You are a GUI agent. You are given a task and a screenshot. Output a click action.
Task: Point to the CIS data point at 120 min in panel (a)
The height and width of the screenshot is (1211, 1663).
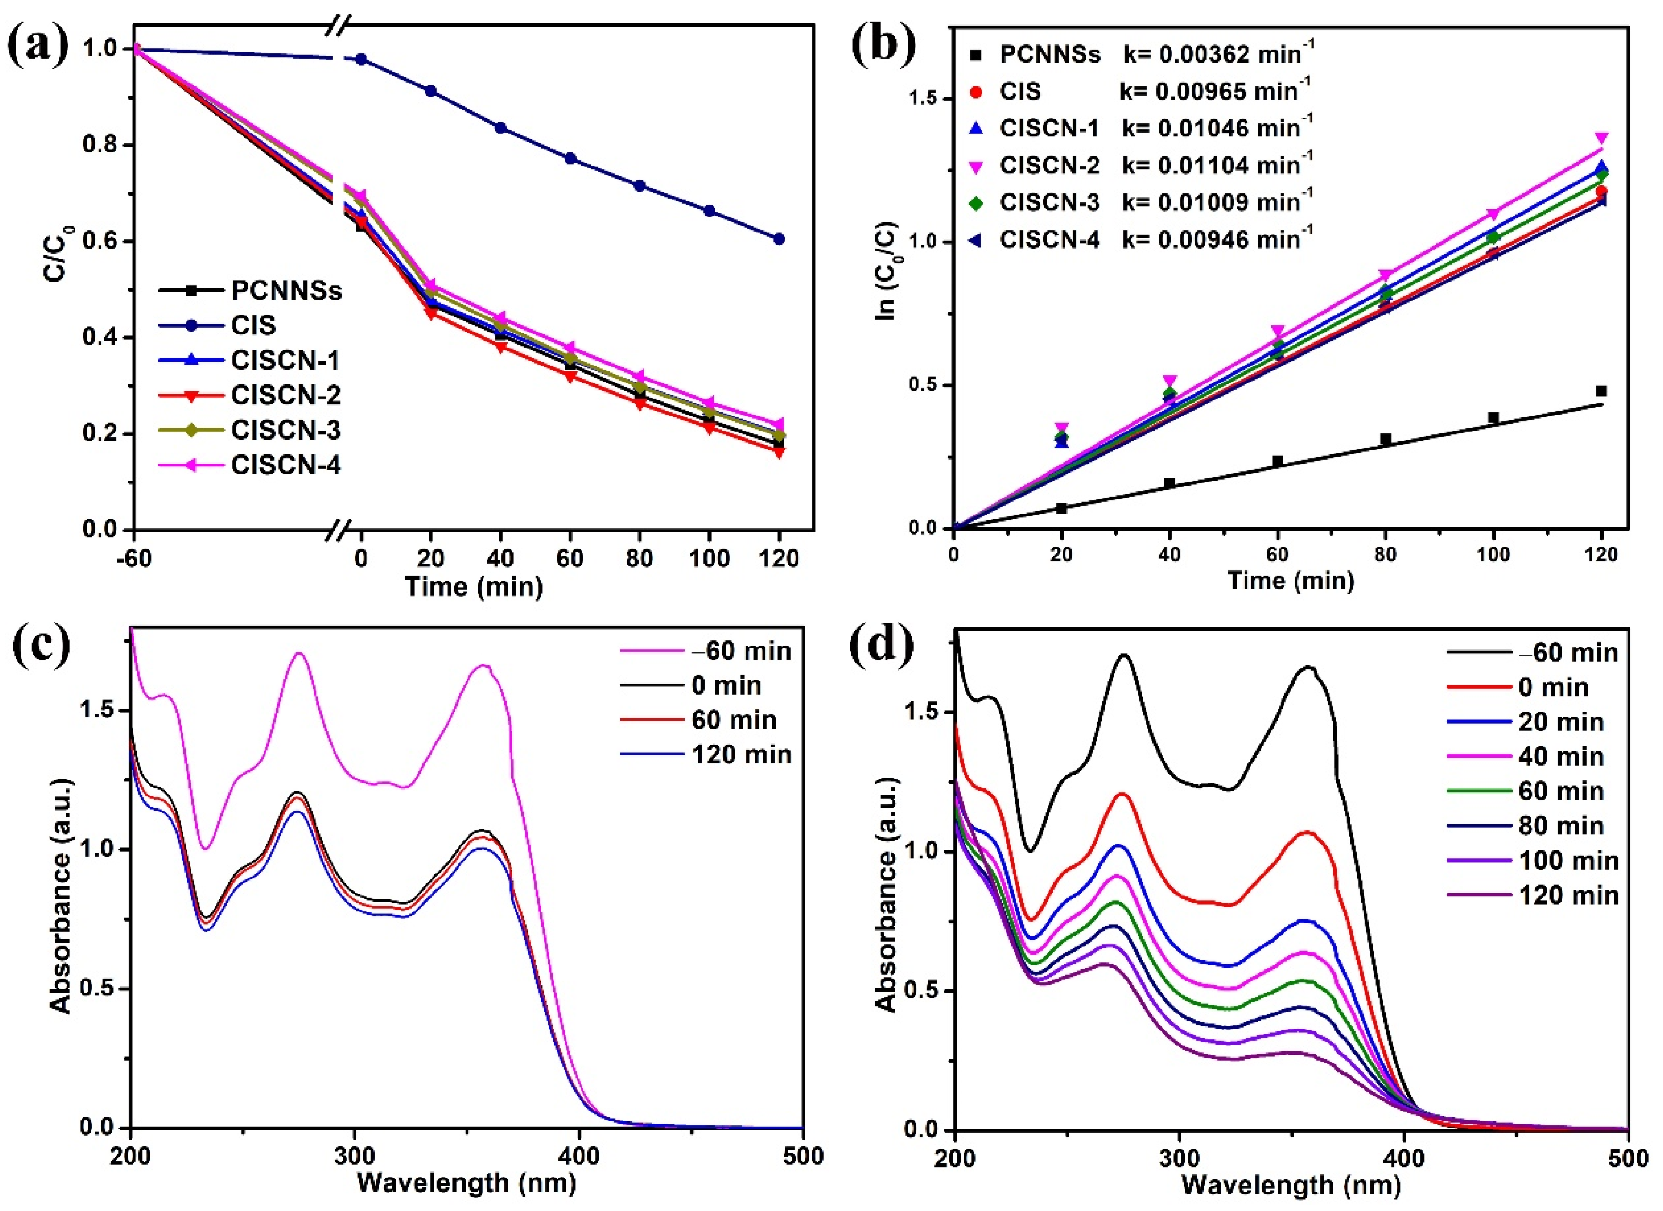click(x=779, y=239)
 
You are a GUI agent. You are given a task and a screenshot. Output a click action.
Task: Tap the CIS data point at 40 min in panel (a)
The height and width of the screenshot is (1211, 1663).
click(x=501, y=128)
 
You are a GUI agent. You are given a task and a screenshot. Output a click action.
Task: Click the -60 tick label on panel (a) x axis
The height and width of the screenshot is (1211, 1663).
click(x=133, y=559)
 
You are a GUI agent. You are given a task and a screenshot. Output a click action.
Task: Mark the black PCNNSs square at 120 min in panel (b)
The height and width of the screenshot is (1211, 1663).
click(x=1601, y=391)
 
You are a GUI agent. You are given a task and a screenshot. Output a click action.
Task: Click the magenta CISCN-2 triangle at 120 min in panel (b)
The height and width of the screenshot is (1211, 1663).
click(x=1601, y=138)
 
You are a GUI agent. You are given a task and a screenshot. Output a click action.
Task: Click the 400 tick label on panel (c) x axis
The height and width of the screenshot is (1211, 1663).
click(x=579, y=1157)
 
